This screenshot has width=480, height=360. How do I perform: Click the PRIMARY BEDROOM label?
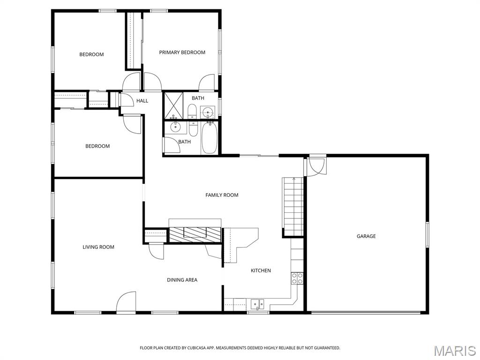click(x=182, y=52)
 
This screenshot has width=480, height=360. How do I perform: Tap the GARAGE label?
click(x=366, y=236)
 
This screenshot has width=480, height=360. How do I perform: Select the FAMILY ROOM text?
click(x=222, y=195)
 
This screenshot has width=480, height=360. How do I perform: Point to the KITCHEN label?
click(x=261, y=270)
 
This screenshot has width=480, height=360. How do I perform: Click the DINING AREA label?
click(x=182, y=280)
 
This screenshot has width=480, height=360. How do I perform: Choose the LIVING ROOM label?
click(x=98, y=247)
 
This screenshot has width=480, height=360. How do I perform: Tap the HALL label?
click(x=142, y=101)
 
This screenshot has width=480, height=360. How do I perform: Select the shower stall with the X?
click(x=173, y=105)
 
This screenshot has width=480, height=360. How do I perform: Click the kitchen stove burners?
click(x=297, y=278)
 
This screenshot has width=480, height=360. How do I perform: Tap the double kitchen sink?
click(x=257, y=304)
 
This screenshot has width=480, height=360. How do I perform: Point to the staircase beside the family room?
click(x=293, y=206)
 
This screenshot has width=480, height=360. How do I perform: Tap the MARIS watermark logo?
click(x=455, y=351)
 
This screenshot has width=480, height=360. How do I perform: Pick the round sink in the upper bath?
click(x=207, y=112)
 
